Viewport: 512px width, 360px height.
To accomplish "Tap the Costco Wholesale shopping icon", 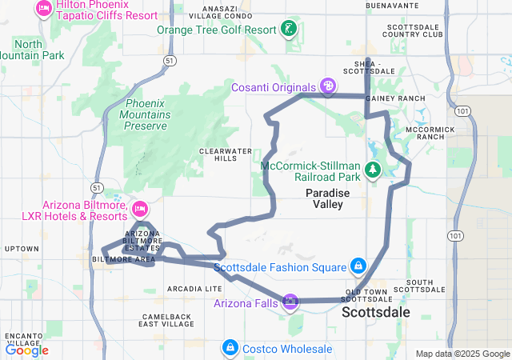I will pyautogui.click(x=230, y=348).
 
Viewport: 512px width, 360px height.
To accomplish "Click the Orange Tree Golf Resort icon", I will pyautogui.click(x=289, y=30).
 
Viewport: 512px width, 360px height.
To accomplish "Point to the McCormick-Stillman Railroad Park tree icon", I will pyautogui.click(x=372, y=170).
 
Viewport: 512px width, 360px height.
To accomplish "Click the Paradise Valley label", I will pyautogui.click(x=324, y=198).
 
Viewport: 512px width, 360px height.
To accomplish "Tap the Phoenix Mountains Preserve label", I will pyautogui.click(x=146, y=114).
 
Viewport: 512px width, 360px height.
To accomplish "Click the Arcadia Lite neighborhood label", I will pyautogui.click(x=194, y=288).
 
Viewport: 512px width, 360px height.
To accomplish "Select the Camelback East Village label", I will pyautogui.click(x=166, y=320).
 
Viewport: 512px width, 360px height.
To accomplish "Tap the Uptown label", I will pyautogui.click(x=22, y=249).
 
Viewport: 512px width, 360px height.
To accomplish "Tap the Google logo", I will pyautogui.click(x=26, y=350).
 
